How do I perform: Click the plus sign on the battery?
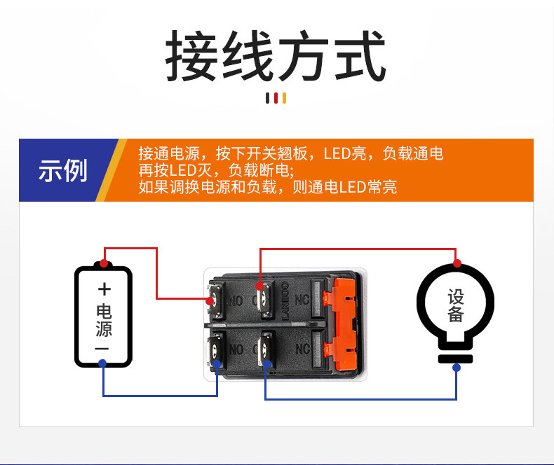104,289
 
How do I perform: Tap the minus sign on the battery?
102,348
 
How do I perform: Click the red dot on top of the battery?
104,263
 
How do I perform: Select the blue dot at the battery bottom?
102,363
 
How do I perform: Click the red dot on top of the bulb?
457,263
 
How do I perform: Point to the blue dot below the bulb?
457,368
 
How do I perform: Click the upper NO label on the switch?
236,299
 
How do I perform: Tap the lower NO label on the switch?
236,349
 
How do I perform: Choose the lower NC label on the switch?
302,349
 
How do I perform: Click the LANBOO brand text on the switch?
285,301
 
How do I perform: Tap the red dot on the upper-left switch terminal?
210,301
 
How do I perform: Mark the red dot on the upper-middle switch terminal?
260,286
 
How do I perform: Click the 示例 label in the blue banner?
63,171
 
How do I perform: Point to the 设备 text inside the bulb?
456,306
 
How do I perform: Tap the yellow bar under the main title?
284,98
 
